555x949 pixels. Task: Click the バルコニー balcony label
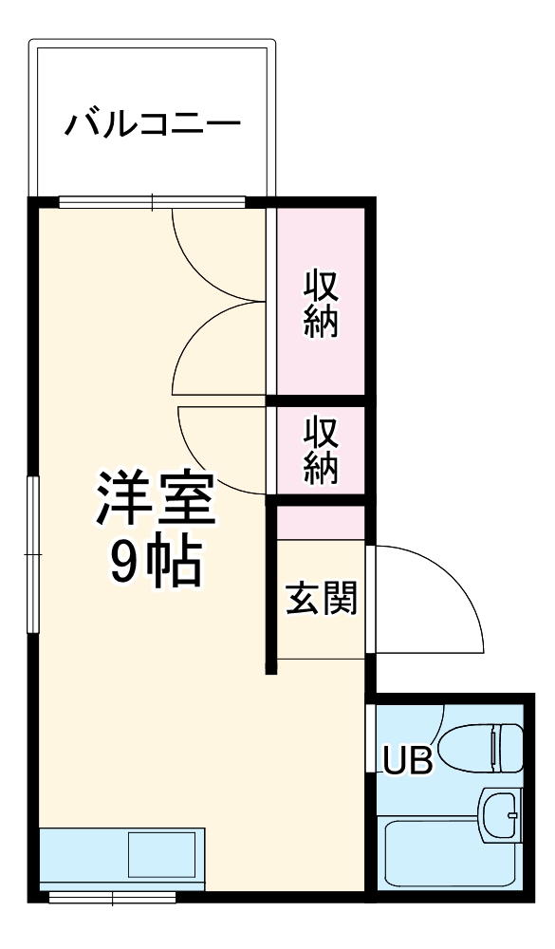point(152,124)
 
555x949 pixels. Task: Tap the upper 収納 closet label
point(321,304)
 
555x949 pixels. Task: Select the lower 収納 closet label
point(321,451)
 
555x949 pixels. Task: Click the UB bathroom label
point(408,759)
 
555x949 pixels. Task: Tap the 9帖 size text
point(155,564)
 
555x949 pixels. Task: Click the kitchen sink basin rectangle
point(162,854)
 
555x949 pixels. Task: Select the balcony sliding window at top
point(152,201)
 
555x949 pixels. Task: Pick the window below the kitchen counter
point(112,896)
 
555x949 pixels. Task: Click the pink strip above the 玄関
point(322,523)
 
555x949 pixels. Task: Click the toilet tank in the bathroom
point(509,748)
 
